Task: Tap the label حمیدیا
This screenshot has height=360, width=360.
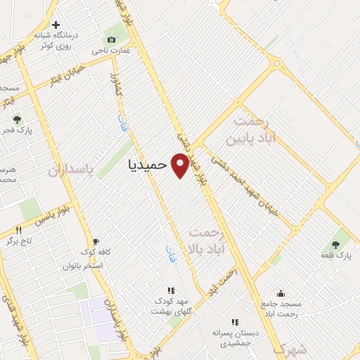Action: coord(148,165)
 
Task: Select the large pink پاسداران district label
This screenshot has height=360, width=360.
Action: coord(71,171)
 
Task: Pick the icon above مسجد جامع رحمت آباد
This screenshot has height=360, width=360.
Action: coord(281,294)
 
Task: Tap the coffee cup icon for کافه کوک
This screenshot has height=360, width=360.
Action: coord(96,240)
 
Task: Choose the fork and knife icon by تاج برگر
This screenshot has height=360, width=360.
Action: coord(19,230)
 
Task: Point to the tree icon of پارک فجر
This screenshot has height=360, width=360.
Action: coord(18,120)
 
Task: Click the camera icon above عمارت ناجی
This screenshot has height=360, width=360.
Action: coord(111,39)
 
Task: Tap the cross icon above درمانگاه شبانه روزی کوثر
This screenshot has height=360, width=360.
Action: coord(56,25)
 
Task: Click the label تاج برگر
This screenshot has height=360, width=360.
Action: coord(20,241)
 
